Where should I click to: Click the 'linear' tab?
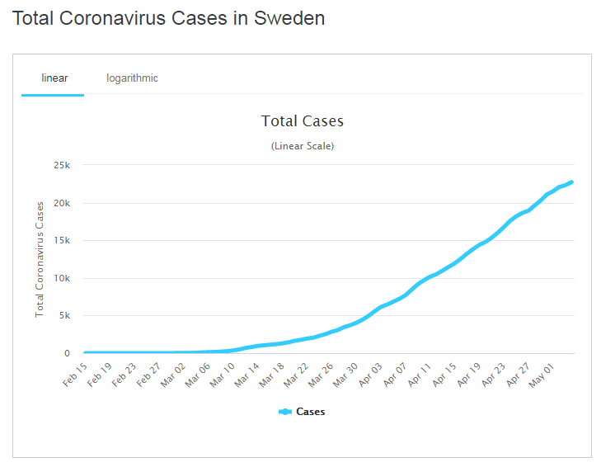tap(54, 78)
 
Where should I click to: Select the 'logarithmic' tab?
tap(132, 78)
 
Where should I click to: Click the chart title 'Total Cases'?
tap(302, 121)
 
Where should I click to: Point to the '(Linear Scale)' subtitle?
tap(302, 146)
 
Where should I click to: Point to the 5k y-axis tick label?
tap(64, 316)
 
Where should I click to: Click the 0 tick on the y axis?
tap(68, 353)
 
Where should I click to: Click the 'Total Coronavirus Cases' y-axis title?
tap(40, 259)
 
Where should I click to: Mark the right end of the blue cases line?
tap(571, 182)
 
